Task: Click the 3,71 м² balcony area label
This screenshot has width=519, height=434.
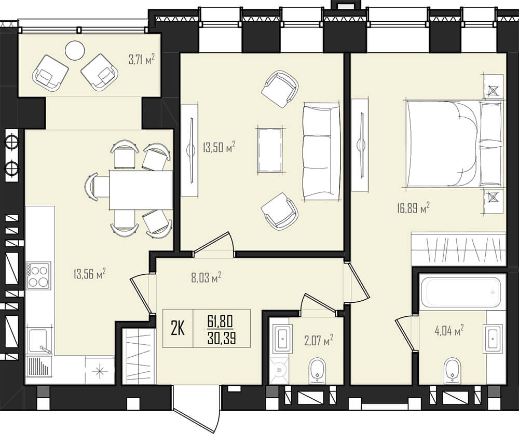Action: click(142, 60)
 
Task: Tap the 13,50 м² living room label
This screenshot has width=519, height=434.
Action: click(219, 148)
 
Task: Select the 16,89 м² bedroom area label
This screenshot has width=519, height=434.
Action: click(413, 208)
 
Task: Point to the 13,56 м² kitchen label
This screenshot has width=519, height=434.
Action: click(89, 274)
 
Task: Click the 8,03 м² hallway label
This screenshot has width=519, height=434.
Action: click(206, 278)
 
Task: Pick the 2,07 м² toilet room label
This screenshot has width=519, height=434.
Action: click(319, 340)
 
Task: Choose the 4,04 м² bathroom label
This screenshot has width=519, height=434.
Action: click(449, 331)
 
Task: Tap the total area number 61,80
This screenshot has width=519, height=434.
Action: click(221, 321)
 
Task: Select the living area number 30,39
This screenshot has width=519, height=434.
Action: click(222, 339)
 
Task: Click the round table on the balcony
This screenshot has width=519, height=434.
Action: click(75, 50)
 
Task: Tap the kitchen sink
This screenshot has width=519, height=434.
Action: click(40, 341)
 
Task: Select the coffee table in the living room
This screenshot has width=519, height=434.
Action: click(270, 150)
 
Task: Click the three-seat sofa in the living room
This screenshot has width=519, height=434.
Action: click(321, 151)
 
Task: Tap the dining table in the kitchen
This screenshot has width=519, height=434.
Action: click(141, 190)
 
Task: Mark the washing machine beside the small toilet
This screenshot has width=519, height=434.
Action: click(279, 370)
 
